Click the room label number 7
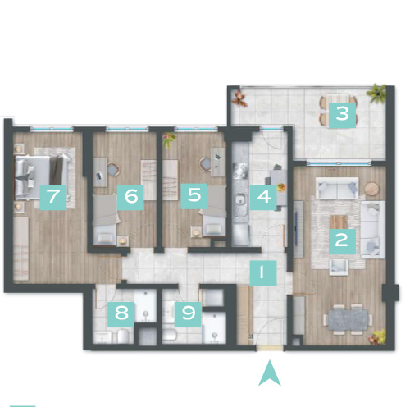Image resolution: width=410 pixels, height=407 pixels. pyautogui.click(x=53, y=197)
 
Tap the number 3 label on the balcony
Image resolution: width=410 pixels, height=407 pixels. pyautogui.click(x=342, y=115)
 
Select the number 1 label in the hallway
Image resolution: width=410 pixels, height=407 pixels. pyautogui.click(x=263, y=273)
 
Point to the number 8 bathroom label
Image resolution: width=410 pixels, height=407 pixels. pyautogui.click(x=121, y=314)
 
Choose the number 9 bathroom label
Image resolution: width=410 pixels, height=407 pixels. pyautogui.click(x=188, y=314)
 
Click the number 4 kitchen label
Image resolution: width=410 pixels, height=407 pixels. pyautogui.click(x=263, y=197)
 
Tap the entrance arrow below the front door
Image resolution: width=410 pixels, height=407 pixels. pyautogui.click(x=270, y=373)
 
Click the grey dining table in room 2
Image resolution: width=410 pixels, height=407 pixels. pyautogui.click(x=348, y=319)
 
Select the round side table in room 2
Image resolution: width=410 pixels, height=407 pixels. pyautogui.click(x=372, y=189)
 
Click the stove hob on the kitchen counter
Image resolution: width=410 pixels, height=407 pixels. pyautogui.click(x=240, y=171)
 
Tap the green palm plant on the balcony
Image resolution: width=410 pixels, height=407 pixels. pyautogui.click(x=376, y=94)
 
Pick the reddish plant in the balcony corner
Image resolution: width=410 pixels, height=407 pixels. pyautogui.click(x=239, y=98)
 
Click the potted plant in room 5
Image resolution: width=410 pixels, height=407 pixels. pyautogui.click(x=169, y=140)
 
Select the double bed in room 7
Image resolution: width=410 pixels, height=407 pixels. pyautogui.click(x=42, y=177)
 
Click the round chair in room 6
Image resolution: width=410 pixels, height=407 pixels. pyautogui.click(x=113, y=170)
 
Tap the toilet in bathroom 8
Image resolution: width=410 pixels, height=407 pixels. pyautogui.click(x=123, y=336)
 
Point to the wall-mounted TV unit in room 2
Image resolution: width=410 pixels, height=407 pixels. pyautogui.click(x=298, y=229)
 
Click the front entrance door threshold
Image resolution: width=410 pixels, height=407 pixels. pyautogui.click(x=271, y=348)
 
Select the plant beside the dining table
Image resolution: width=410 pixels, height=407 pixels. pyautogui.click(x=377, y=337)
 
